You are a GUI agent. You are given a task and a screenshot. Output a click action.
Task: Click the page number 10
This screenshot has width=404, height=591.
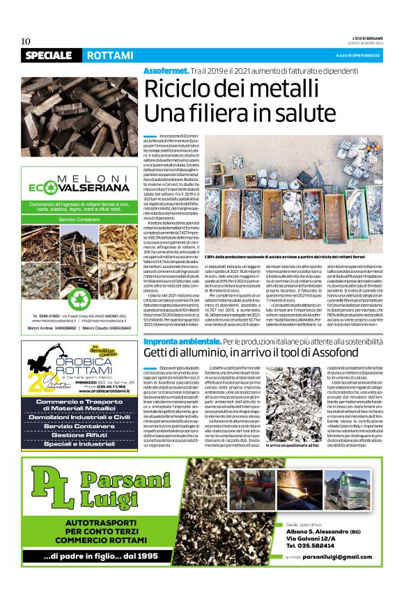coord(25,40)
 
